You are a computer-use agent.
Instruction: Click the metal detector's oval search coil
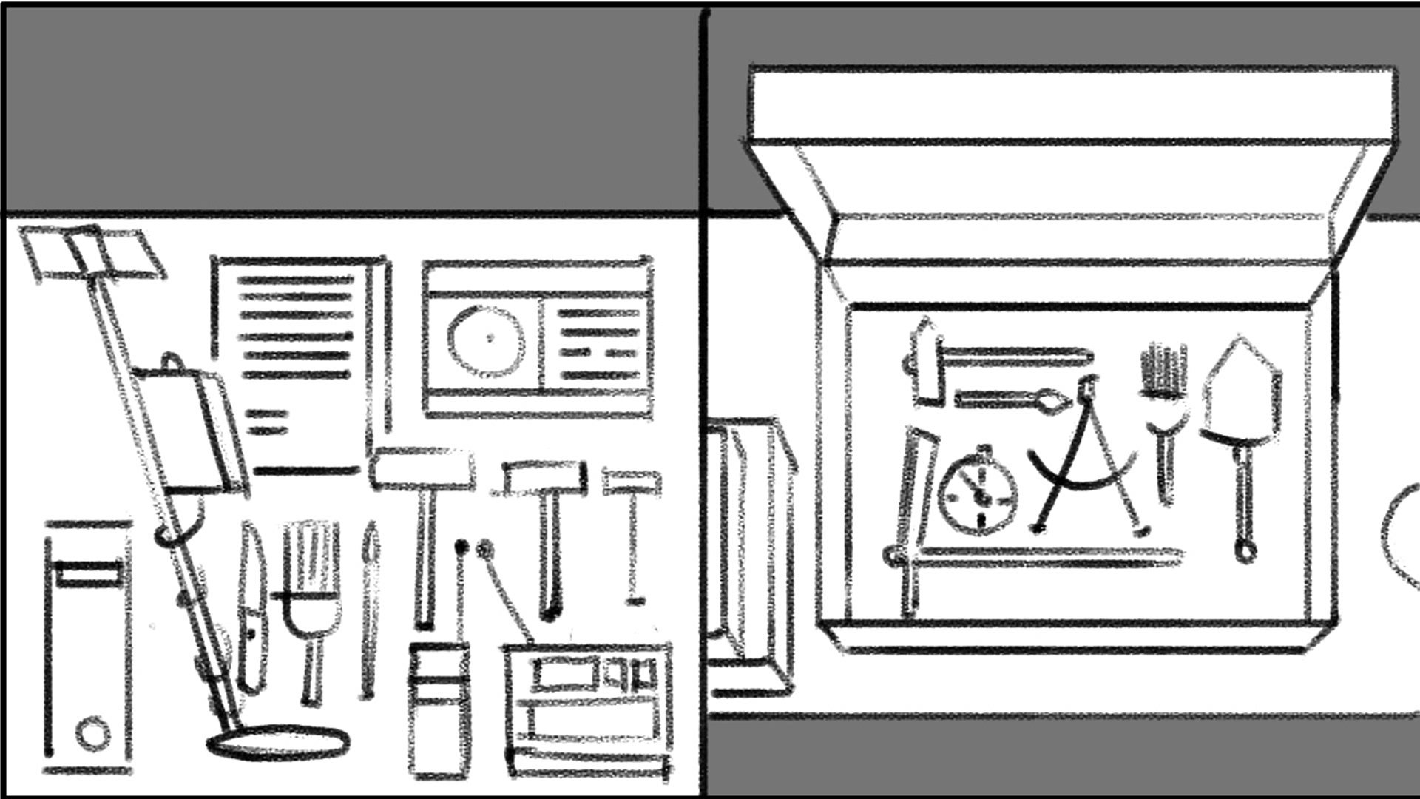[278, 742]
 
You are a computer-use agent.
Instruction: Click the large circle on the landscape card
[487, 340]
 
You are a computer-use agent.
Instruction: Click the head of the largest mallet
[422, 469]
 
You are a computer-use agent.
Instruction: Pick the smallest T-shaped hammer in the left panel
[632, 484]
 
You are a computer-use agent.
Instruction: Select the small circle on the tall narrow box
[92, 733]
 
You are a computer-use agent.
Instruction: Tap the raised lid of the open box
[1072, 104]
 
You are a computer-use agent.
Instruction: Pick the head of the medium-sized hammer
[545, 477]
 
